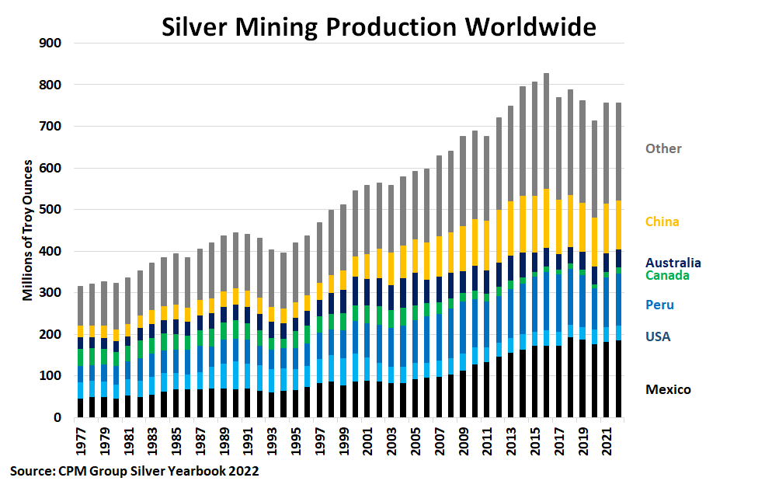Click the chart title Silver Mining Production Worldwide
coord(378,26)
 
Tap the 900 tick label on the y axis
coord(50,43)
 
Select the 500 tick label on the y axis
coord(50,210)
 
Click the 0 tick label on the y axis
coord(57,418)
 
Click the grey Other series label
coord(663,148)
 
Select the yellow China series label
coord(662,221)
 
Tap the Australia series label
coord(673,263)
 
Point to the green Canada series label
coord(666,275)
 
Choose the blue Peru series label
coord(659,305)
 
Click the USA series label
coord(657,336)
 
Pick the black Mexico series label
coord(667,389)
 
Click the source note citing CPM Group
coord(134,471)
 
